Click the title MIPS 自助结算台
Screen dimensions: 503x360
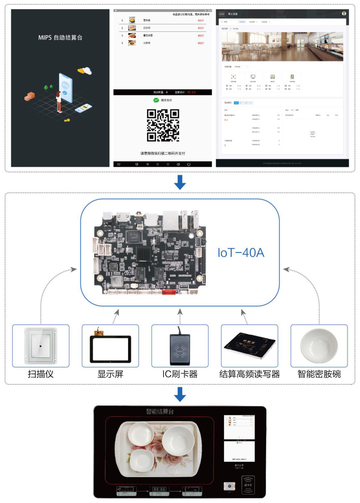pos(60,38)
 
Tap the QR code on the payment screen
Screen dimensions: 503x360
pos(163,125)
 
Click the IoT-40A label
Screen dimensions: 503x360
pos(241,253)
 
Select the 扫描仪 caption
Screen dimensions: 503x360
pos(41,374)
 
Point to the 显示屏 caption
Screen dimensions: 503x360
pos(110,374)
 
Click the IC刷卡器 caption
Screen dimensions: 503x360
pos(180,374)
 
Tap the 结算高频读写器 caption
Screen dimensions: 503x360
pos(249,374)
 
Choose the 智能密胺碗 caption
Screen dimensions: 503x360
pos(319,374)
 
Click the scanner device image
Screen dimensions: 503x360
pos(41,346)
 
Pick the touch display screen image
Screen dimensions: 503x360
pos(110,348)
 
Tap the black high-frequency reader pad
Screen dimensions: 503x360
pos(249,345)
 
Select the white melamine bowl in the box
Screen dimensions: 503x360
pos(319,346)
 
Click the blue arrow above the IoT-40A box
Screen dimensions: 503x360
pos(180,182)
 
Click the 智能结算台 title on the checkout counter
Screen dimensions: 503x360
pos(160,412)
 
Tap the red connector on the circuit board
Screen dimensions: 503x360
pos(169,293)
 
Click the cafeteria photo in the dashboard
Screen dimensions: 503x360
pos(282,47)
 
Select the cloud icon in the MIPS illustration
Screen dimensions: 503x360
pos(85,71)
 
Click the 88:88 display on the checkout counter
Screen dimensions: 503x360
pos(159,489)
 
